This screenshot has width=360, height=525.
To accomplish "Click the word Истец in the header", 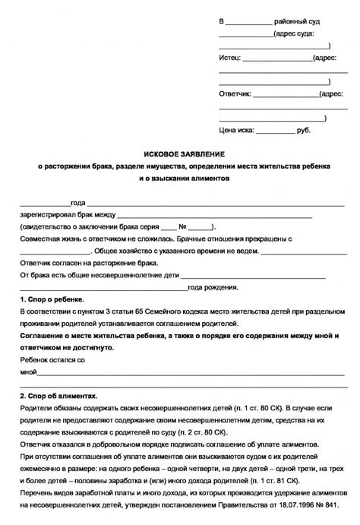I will coord(230,58).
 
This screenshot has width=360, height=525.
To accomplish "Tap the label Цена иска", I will coord(237,131).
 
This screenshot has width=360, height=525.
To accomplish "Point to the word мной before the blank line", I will coord(29,372).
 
